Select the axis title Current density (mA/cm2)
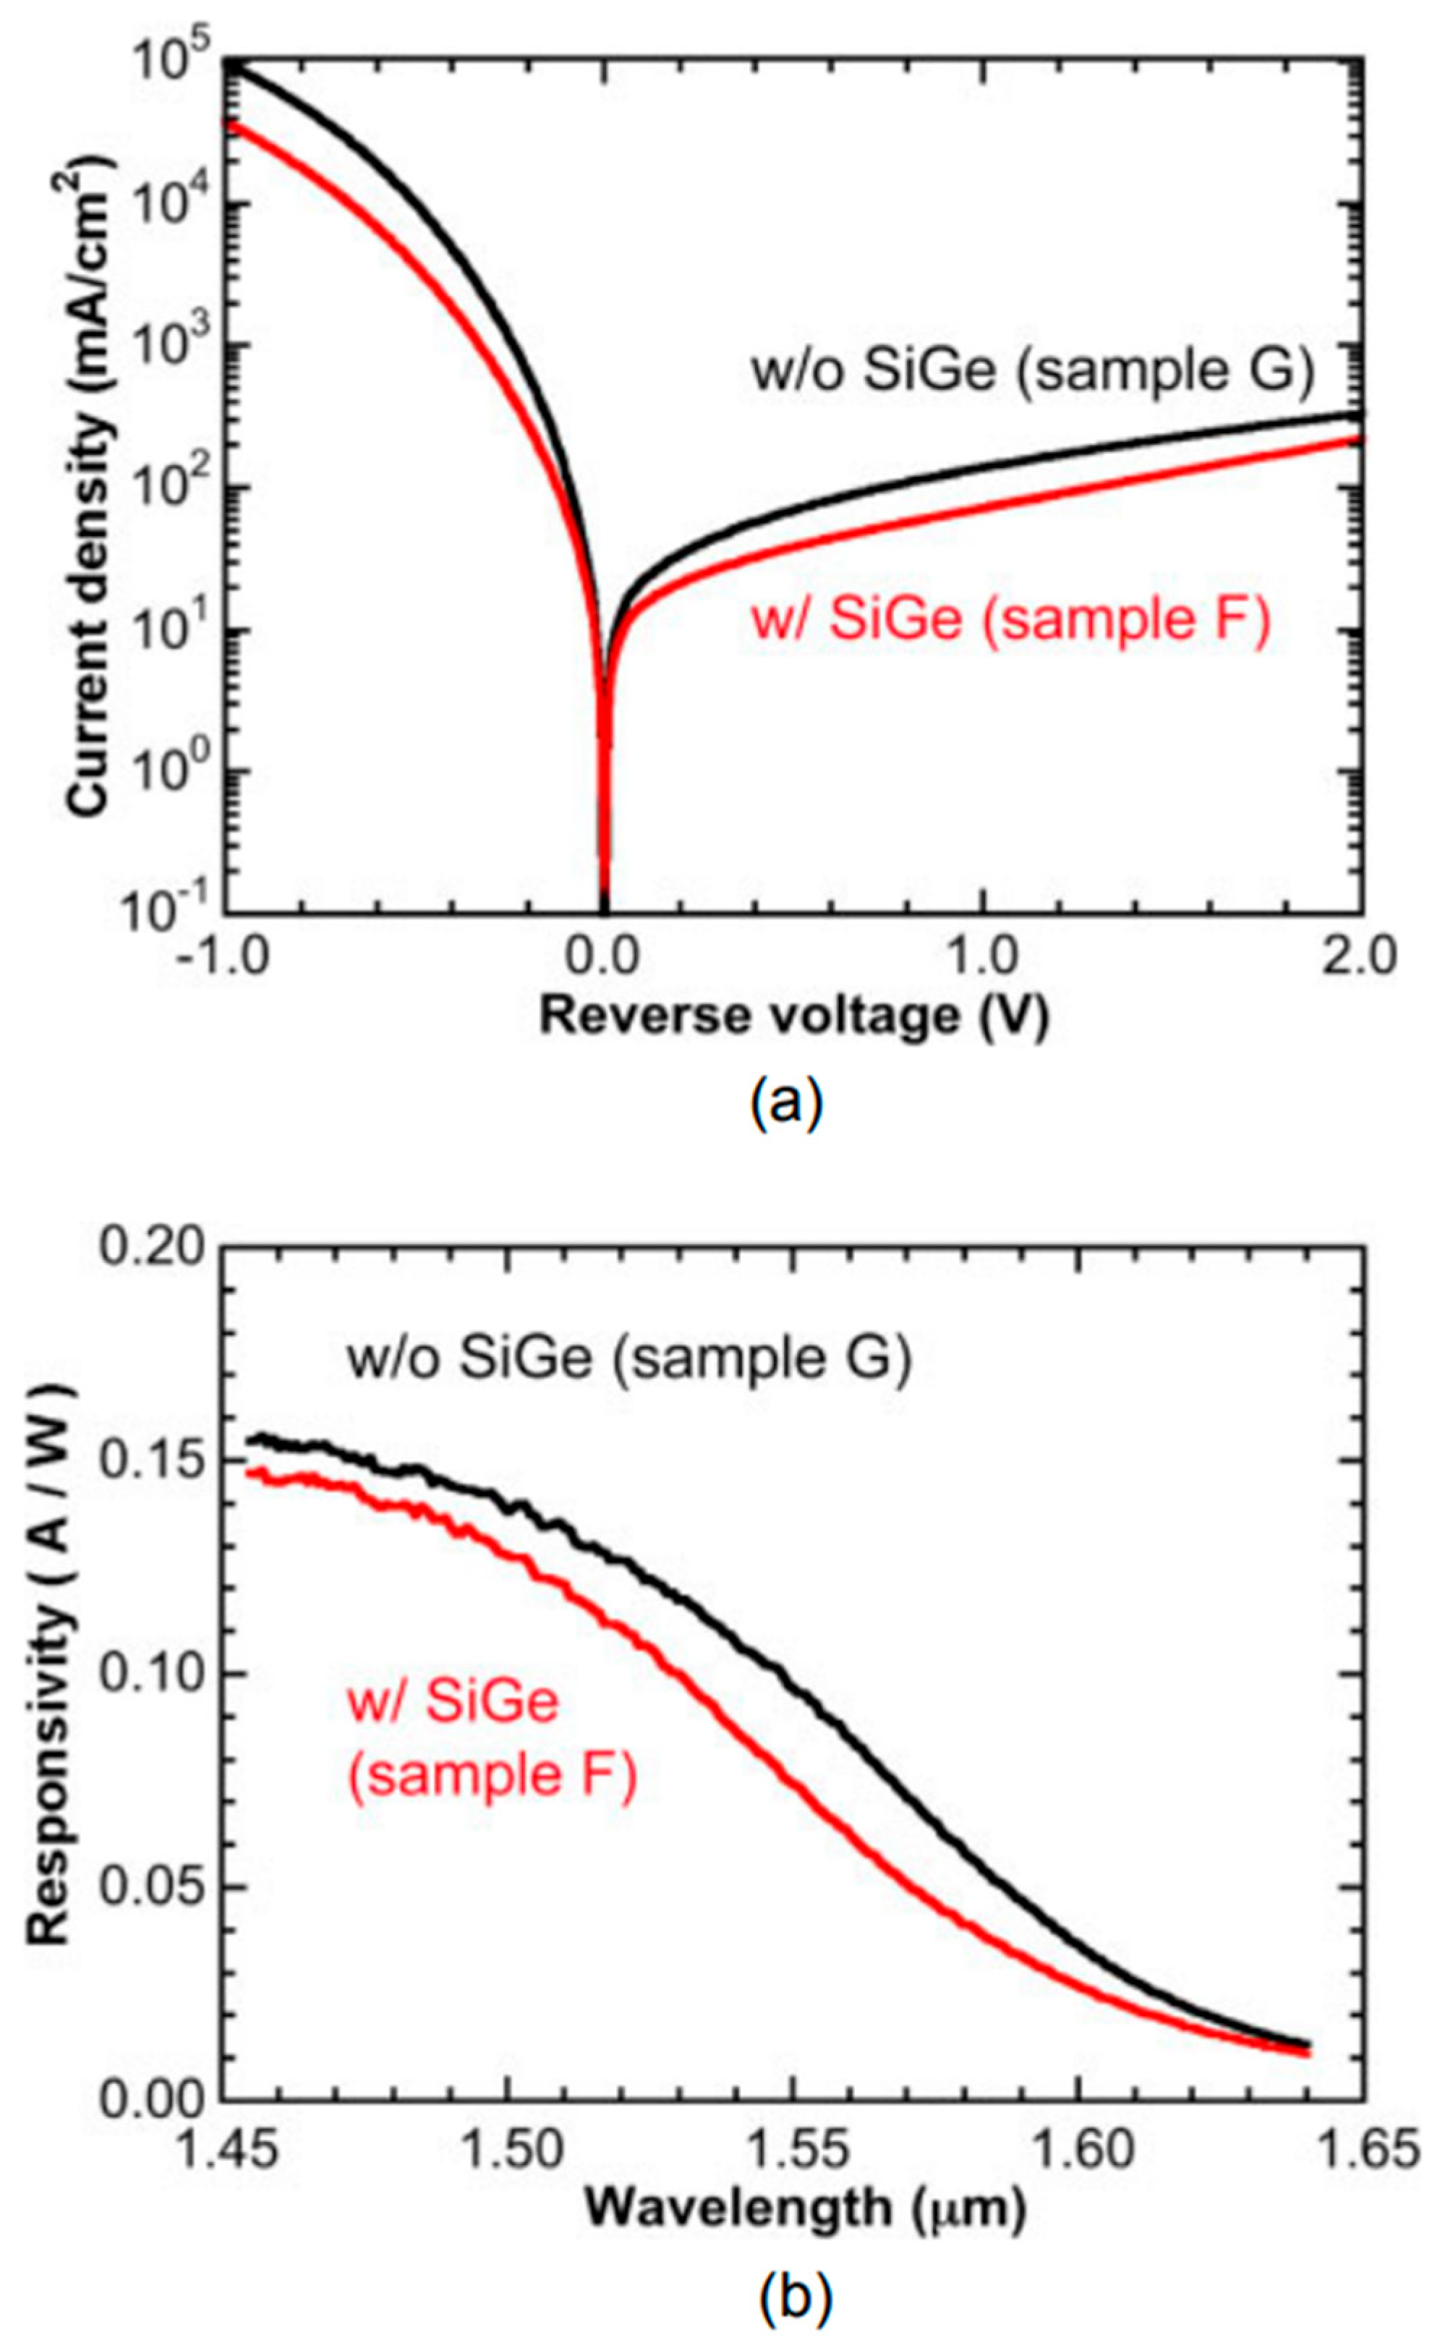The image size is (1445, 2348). (x=91, y=488)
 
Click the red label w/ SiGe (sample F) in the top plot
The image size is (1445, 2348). (x=1011, y=618)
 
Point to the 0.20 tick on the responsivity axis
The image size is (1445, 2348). (x=153, y=1249)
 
